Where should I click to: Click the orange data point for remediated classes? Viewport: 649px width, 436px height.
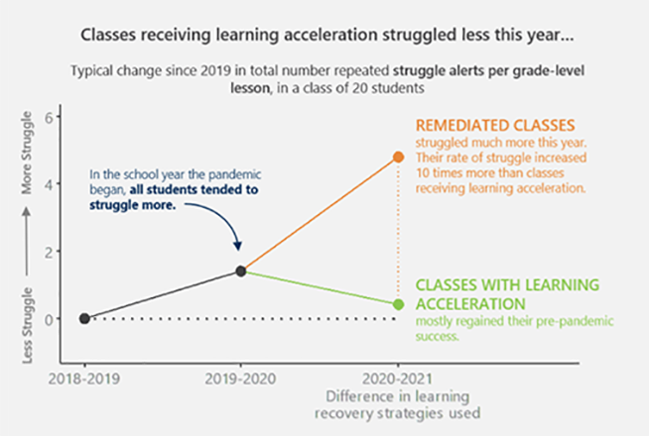[399, 157]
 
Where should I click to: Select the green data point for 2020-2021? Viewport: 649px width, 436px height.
[399, 304]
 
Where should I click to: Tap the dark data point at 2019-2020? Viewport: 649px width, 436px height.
[240, 271]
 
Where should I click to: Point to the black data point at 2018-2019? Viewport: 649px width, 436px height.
[84, 318]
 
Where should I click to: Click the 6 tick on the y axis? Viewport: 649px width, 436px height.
[55, 117]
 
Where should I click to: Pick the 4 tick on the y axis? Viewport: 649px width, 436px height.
[55, 184]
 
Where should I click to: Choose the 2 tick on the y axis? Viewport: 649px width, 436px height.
[55, 252]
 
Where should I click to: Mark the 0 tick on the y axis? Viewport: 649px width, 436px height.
[55, 319]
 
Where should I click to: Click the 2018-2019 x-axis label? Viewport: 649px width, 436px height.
[84, 379]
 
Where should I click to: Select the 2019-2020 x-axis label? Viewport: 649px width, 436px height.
[240, 379]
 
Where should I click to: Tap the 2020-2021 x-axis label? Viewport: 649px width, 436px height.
[398, 379]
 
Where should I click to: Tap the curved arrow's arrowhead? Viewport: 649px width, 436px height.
[237, 245]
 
